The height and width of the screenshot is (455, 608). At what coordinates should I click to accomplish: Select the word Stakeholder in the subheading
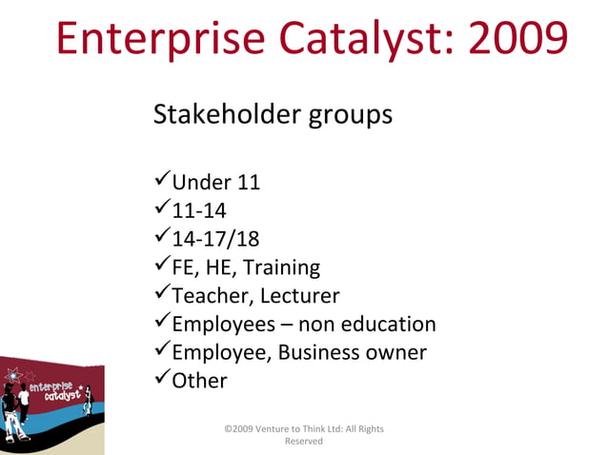click(x=226, y=116)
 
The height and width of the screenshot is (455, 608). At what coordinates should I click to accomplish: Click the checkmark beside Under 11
click(x=161, y=180)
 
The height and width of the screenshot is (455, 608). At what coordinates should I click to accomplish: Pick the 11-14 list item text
click(x=198, y=209)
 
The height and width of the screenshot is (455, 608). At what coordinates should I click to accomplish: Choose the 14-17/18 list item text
click(x=214, y=238)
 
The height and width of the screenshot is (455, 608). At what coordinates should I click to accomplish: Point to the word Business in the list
click(x=319, y=352)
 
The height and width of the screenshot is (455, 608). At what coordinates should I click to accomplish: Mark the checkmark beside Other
click(x=161, y=379)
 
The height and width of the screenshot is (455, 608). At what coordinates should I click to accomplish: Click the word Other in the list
click(x=199, y=381)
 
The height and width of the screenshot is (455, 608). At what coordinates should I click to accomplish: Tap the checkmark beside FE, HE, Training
click(x=161, y=266)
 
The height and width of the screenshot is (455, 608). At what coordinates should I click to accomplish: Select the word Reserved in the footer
click(x=304, y=442)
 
